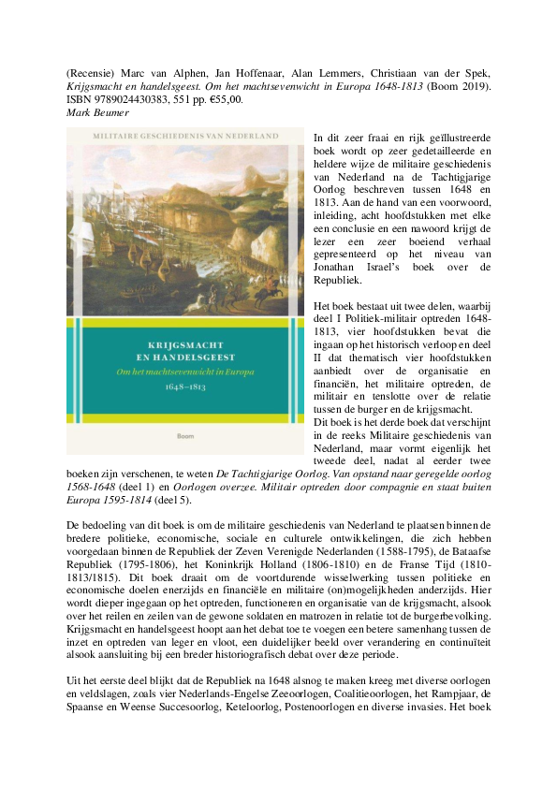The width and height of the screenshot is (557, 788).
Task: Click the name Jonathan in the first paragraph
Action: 347,267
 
